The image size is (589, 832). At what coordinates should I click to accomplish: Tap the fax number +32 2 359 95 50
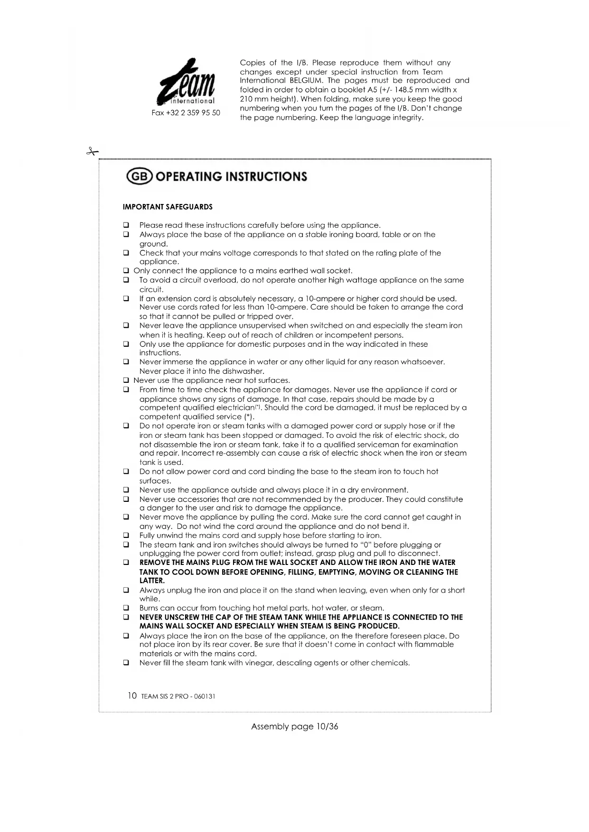186,113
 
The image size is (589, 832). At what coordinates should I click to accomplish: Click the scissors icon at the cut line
92,152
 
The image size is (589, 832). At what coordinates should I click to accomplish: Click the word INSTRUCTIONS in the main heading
266,176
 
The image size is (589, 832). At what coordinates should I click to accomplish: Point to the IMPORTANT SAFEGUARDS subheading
168,207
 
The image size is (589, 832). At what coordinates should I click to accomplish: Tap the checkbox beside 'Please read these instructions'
126,225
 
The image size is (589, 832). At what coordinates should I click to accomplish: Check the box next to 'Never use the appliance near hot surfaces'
126,380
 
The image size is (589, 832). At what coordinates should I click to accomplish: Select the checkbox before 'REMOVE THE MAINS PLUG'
126,563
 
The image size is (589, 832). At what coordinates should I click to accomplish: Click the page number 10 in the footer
132,696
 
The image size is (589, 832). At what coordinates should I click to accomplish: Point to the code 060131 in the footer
205,696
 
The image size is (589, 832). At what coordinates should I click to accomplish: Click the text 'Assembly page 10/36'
294,727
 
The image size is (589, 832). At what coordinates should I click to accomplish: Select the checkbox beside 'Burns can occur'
126,608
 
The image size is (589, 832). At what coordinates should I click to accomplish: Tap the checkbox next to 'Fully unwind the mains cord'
126,536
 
